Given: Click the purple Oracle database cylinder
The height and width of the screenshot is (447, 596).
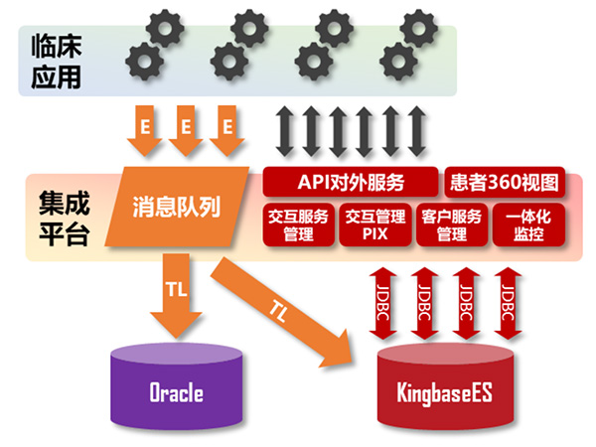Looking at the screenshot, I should [x=176, y=387].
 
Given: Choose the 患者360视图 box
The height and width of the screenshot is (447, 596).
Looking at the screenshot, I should [x=505, y=182].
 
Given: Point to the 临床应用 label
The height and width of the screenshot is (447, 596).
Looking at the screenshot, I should [x=56, y=60].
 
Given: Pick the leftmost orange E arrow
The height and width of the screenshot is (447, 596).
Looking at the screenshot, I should [x=144, y=130].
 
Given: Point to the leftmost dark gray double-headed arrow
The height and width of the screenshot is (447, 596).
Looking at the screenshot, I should [x=285, y=128].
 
